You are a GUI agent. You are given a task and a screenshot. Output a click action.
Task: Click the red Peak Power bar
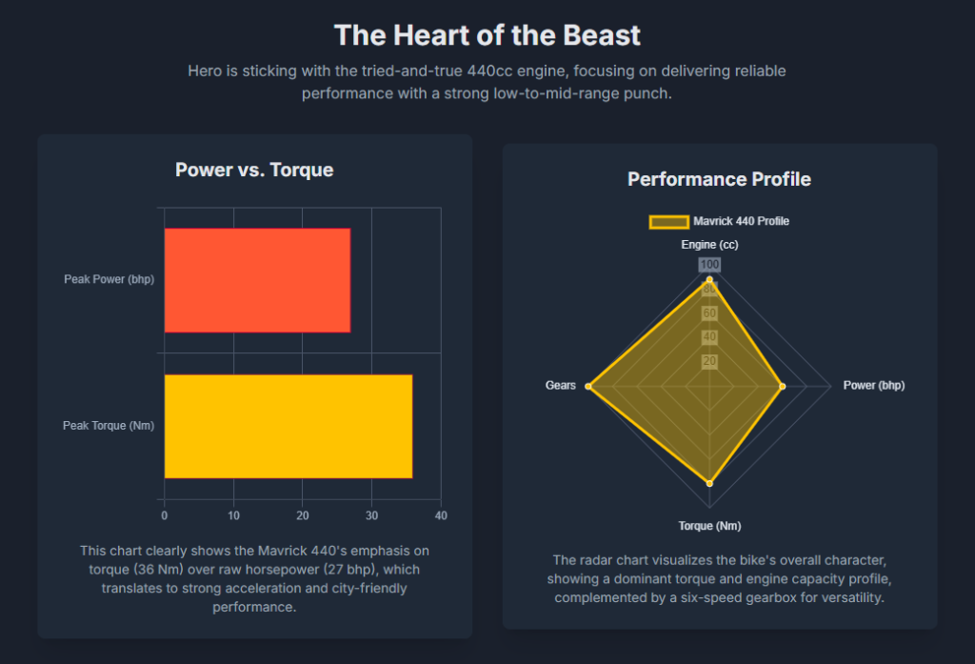pyautogui.click(x=257, y=280)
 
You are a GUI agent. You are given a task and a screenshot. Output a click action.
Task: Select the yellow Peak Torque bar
pyautogui.click(x=288, y=426)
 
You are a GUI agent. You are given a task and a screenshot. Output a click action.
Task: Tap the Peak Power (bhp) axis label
pyautogui.click(x=109, y=279)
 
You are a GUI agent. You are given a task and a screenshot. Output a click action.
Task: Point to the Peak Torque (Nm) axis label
pyautogui.click(x=109, y=426)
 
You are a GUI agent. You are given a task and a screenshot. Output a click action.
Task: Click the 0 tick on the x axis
pyautogui.click(x=164, y=515)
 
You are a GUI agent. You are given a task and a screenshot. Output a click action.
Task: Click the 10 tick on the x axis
pyautogui.click(x=233, y=515)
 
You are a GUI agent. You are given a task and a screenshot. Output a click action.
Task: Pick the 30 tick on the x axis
pyautogui.click(x=371, y=515)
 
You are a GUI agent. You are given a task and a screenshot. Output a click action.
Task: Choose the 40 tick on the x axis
pyautogui.click(x=440, y=515)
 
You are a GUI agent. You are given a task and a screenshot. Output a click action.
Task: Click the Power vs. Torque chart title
pyautogui.click(x=254, y=171)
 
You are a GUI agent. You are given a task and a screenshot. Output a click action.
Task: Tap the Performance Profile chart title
pyautogui.click(x=719, y=179)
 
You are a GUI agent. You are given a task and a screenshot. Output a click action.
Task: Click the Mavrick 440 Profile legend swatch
pyautogui.click(x=668, y=222)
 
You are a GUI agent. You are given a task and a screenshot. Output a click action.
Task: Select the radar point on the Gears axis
pyautogui.click(x=589, y=386)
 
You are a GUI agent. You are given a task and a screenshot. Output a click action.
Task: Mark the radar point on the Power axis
pyautogui.click(x=783, y=386)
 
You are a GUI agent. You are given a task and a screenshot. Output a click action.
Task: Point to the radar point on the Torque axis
pyautogui.click(x=709, y=484)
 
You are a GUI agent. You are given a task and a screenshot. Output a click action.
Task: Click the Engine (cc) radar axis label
pyautogui.click(x=709, y=245)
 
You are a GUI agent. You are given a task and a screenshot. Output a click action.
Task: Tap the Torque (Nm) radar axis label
pyautogui.click(x=709, y=526)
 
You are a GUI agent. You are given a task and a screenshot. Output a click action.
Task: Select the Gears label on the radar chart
pyautogui.click(x=561, y=386)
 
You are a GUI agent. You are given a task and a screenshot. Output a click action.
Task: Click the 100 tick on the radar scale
pyautogui.click(x=710, y=265)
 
